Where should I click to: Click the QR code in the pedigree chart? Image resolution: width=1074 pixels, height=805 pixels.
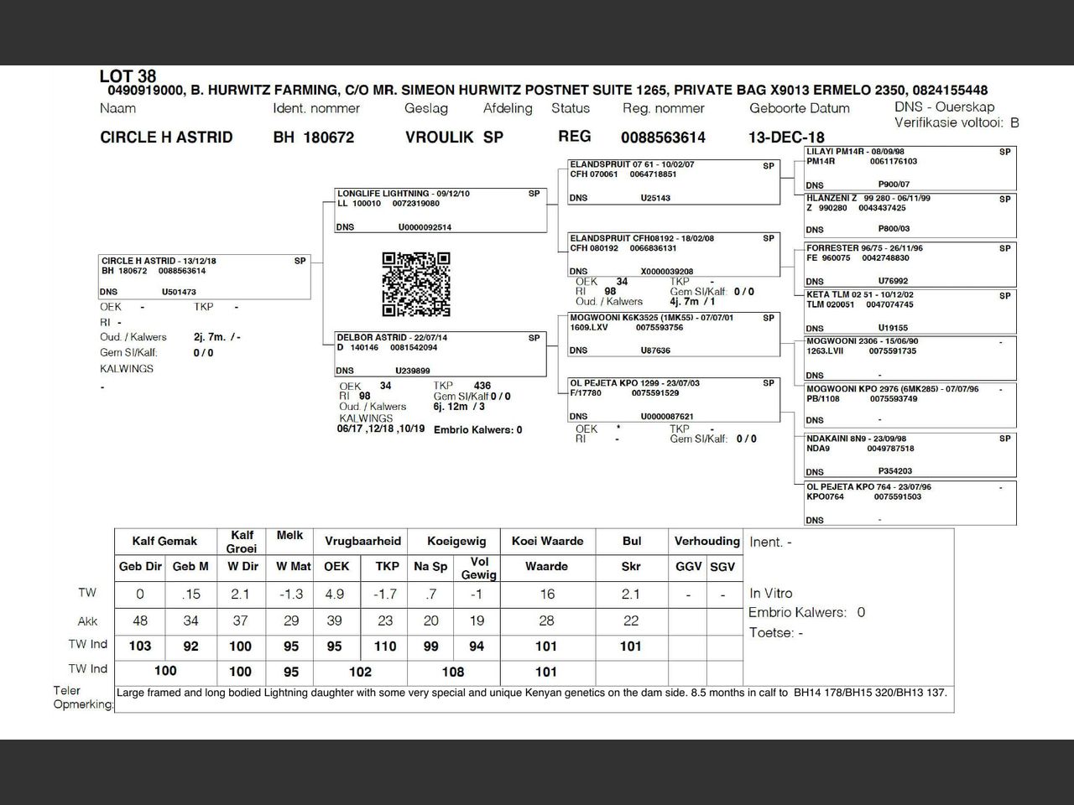(x=416, y=284)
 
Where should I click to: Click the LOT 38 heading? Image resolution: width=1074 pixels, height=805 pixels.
(x=128, y=76)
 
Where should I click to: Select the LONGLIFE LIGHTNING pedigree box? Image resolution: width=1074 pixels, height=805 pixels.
(x=441, y=210)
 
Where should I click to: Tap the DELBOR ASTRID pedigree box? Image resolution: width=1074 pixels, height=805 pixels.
(x=441, y=354)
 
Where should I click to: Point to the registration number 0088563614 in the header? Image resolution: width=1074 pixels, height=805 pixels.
(x=663, y=138)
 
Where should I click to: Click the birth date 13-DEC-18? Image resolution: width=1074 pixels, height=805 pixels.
(x=786, y=138)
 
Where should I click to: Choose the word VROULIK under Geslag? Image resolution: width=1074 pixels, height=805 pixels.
(x=440, y=138)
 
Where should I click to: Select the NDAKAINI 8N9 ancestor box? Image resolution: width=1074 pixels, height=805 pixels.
(x=909, y=454)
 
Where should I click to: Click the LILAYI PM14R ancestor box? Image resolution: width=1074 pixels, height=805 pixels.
(x=909, y=168)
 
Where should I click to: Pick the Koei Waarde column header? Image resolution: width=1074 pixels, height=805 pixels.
(x=547, y=541)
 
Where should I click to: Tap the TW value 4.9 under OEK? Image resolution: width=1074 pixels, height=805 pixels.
(x=335, y=594)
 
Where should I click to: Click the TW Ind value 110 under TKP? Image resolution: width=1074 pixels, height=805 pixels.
(x=385, y=646)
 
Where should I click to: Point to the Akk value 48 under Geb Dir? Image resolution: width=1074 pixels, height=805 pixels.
(x=140, y=621)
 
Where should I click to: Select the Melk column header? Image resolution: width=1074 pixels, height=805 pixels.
(x=289, y=535)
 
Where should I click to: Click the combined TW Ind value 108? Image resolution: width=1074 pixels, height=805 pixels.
(x=453, y=672)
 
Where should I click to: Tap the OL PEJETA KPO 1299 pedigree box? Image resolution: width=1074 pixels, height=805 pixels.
(x=674, y=399)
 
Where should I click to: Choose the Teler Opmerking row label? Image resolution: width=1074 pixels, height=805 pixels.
(x=81, y=697)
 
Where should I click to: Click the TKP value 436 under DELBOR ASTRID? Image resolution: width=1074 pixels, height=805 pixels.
(x=482, y=386)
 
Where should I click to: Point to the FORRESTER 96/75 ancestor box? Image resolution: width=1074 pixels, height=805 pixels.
(x=909, y=264)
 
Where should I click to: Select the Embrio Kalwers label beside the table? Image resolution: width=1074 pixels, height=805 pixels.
(x=797, y=612)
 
